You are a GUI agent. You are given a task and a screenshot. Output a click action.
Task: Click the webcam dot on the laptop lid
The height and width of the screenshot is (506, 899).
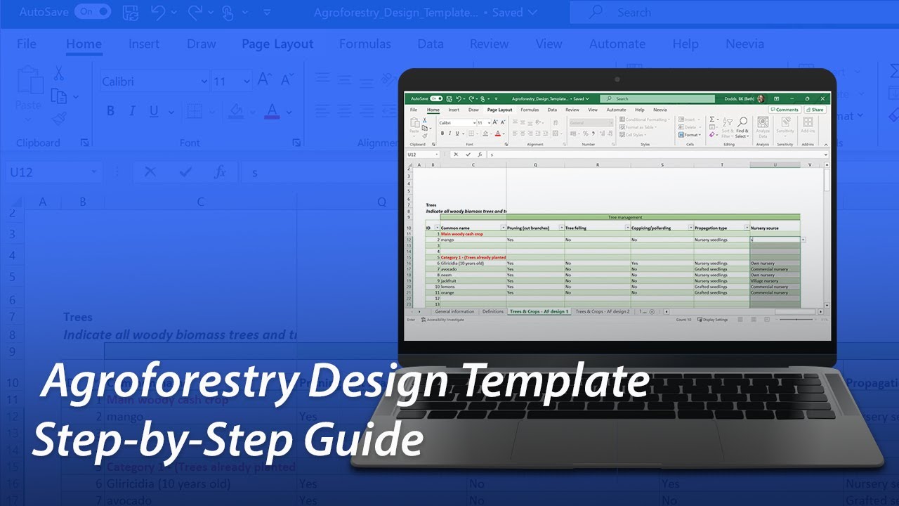pos(617,79)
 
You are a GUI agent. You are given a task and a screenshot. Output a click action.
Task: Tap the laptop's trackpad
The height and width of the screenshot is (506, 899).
pos(617,443)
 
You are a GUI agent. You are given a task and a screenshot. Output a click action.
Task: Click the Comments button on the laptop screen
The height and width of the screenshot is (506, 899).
pos(784,110)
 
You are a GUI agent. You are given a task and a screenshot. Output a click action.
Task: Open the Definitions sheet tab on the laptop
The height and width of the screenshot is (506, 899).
pos(492,311)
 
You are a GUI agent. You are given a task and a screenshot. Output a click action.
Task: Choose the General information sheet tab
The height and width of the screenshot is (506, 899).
pos(454,311)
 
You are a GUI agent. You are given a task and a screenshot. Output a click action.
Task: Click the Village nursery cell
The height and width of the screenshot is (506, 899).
pos(764,280)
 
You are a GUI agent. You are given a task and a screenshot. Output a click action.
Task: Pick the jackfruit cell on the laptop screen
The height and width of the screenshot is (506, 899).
pos(449,280)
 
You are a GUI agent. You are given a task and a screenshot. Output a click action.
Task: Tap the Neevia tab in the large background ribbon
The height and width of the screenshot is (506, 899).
pos(744,44)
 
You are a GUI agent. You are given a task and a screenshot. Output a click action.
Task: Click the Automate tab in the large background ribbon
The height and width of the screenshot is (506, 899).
pos(617,44)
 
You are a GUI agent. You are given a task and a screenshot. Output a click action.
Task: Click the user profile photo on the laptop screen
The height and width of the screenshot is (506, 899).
pos(761,98)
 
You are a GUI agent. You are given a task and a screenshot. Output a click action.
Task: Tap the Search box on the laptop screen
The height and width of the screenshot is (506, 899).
pos(657,98)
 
